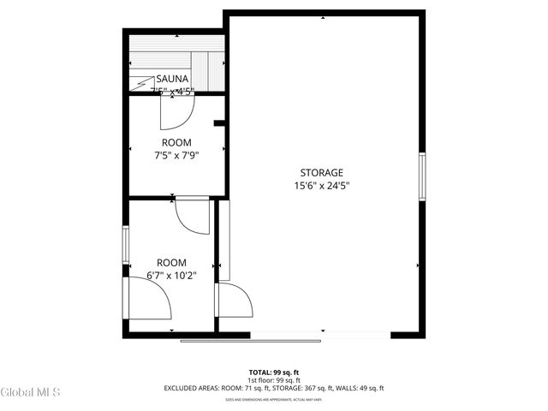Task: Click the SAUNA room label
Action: coord(172,79)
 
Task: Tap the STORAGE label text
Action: coord(321,172)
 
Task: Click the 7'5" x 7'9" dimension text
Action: coord(176,155)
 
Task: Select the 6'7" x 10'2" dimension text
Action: coord(171,275)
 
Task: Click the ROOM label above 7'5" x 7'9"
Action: coord(176,142)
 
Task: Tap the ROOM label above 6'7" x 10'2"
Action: coord(171,262)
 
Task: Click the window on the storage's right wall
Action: coord(421,178)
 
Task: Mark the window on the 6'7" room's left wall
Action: coord(127,245)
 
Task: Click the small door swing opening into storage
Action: coord(234,301)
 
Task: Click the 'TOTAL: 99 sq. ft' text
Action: coord(273,372)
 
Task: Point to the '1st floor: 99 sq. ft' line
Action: coord(273,380)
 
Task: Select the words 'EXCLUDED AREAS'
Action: coord(192,388)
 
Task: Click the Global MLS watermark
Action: coord(31,393)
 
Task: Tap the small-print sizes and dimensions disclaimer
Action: coord(273,399)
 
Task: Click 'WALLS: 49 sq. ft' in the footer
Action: coord(362,388)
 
